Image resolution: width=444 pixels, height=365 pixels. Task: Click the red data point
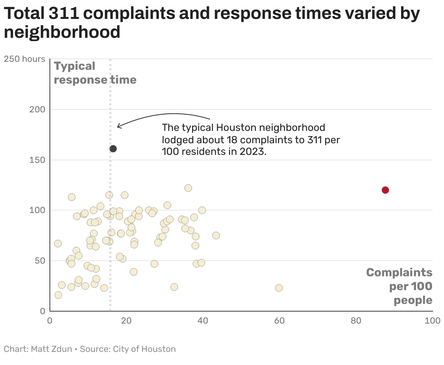385,190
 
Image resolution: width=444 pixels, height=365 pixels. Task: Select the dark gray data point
113,149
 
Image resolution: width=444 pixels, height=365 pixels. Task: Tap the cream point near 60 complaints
279,288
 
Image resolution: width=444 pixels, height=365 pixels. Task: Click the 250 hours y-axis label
24,59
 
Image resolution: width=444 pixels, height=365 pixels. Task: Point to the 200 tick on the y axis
37,109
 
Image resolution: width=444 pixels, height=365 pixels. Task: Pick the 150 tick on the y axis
37,160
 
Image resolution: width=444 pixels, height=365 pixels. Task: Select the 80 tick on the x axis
356,321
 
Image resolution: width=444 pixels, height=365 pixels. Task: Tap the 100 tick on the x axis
432,321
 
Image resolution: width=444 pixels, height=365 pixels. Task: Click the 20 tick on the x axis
126,321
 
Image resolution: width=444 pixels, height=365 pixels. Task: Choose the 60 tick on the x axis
279,321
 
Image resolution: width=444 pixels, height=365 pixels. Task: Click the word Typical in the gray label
75,66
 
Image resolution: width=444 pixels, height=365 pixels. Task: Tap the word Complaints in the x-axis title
399,273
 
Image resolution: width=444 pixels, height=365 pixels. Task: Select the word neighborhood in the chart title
62,32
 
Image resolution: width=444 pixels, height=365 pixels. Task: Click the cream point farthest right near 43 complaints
216,236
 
